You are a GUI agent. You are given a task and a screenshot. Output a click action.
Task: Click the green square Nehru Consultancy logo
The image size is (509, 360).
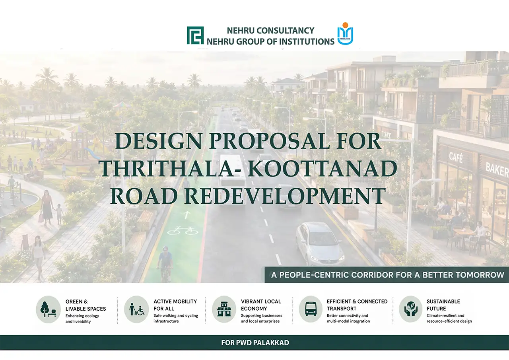click(195, 35)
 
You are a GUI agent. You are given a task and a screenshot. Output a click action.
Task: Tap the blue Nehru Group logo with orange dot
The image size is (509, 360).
click(345, 34)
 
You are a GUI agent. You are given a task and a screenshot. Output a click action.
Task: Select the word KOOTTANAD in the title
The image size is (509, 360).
click(322, 169)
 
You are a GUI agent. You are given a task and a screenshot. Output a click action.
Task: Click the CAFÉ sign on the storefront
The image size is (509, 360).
click(456, 157)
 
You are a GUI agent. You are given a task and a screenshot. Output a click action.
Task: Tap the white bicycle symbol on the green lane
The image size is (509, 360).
click(183, 231)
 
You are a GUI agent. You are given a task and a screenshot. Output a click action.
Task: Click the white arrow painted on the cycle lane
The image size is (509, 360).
click(187, 215)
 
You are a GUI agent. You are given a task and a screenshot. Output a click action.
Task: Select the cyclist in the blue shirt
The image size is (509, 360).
click(165, 264)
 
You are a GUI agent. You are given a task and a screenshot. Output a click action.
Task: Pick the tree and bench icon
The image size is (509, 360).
click(48, 309)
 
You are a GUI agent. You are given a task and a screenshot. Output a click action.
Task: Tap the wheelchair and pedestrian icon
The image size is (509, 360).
click(136, 309)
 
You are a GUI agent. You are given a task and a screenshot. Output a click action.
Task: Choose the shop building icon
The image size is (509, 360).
click(224, 309)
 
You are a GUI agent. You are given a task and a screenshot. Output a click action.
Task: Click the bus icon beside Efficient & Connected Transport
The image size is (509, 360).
click(311, 309)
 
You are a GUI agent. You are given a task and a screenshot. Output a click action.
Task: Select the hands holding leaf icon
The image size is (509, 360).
click(410, 309)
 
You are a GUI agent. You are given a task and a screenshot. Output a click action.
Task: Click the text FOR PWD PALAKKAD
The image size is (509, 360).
click(255, 342)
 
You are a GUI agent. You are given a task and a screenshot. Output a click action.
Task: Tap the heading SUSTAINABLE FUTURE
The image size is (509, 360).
click(443, 305)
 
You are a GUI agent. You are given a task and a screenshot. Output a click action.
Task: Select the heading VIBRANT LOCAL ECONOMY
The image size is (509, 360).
click(261, 305)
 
